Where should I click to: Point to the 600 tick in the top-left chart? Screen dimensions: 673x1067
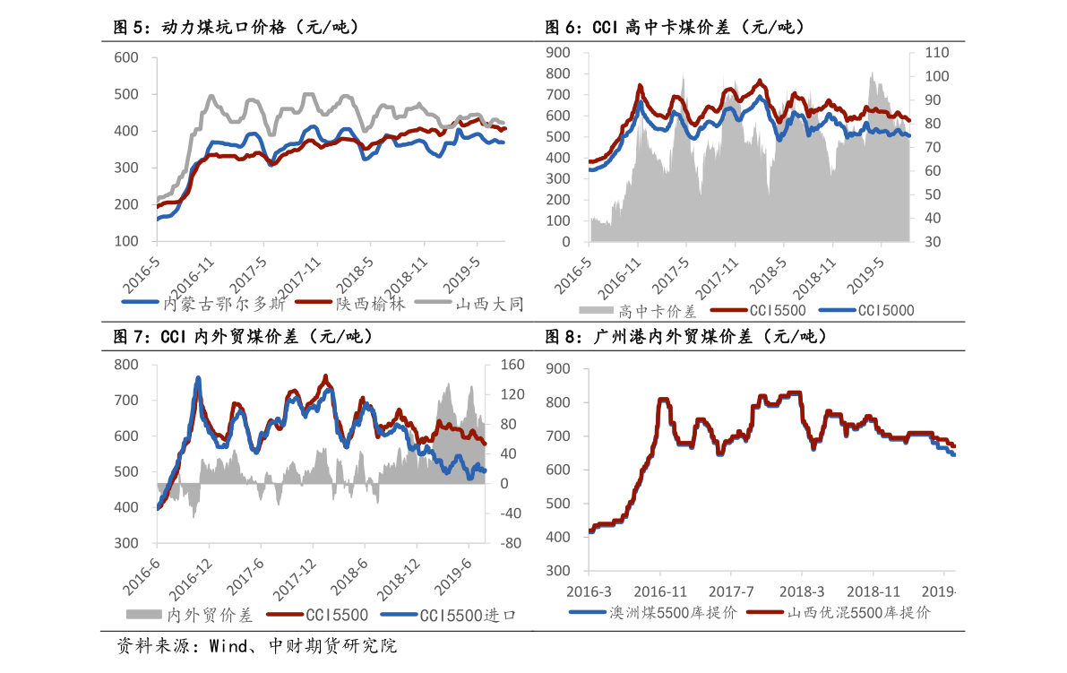[x=127, y=57]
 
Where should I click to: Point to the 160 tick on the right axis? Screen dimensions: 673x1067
[x=511, y=365]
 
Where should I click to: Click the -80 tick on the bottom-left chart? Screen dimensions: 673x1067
[x=510, y=543]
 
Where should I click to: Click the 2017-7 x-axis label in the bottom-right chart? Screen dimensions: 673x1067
[x=731, y=591]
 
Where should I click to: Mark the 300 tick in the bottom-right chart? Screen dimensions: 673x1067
[x=558, y=571]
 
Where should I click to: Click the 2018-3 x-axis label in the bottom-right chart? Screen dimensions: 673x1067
[x=802, y=591]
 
